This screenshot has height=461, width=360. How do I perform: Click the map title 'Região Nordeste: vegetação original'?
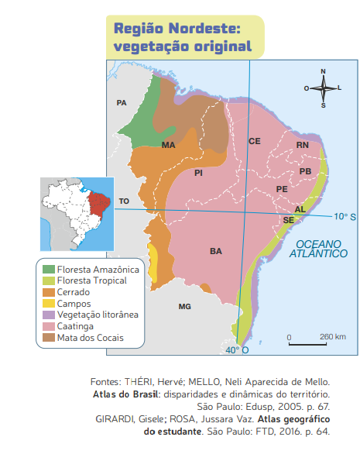[183, 37]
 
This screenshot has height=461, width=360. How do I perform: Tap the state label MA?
[168, 145]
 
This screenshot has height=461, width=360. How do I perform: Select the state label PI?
[198, 172]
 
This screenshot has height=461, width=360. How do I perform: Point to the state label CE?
[254, 141]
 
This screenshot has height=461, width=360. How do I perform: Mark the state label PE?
[282, 189]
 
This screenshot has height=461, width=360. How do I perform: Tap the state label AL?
[300, 210]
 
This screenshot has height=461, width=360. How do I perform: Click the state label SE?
[288, 220]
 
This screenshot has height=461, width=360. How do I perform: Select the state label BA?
[216, 251]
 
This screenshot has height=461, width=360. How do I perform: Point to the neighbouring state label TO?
[124, 201]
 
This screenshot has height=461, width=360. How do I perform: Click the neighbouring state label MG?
[184, 307]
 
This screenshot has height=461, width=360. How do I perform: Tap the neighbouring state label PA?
[121, 102]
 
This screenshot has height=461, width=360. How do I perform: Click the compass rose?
[323, 88]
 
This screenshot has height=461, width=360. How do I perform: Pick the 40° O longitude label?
[237, 350]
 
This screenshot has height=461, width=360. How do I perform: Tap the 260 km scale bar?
[307, 340]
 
